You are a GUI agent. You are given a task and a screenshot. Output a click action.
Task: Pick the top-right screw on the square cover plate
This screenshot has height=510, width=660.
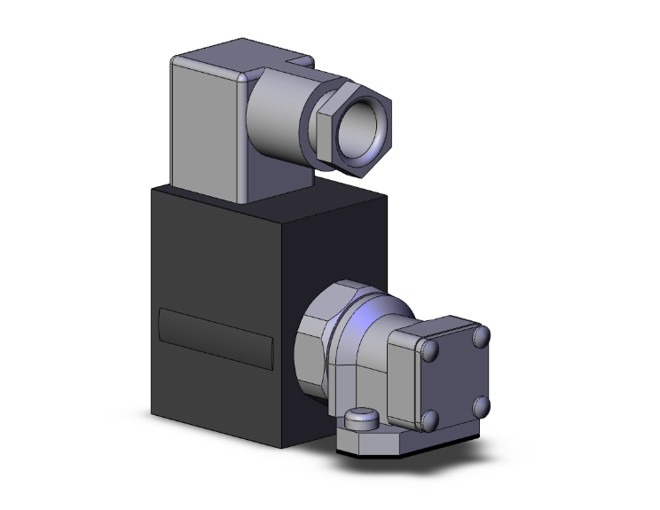tap(481, 338)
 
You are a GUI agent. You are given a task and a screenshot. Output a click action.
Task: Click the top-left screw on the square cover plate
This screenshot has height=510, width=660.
tap(428, 354)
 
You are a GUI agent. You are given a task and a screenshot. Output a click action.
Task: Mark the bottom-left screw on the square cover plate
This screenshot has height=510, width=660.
tap(430, 419)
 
